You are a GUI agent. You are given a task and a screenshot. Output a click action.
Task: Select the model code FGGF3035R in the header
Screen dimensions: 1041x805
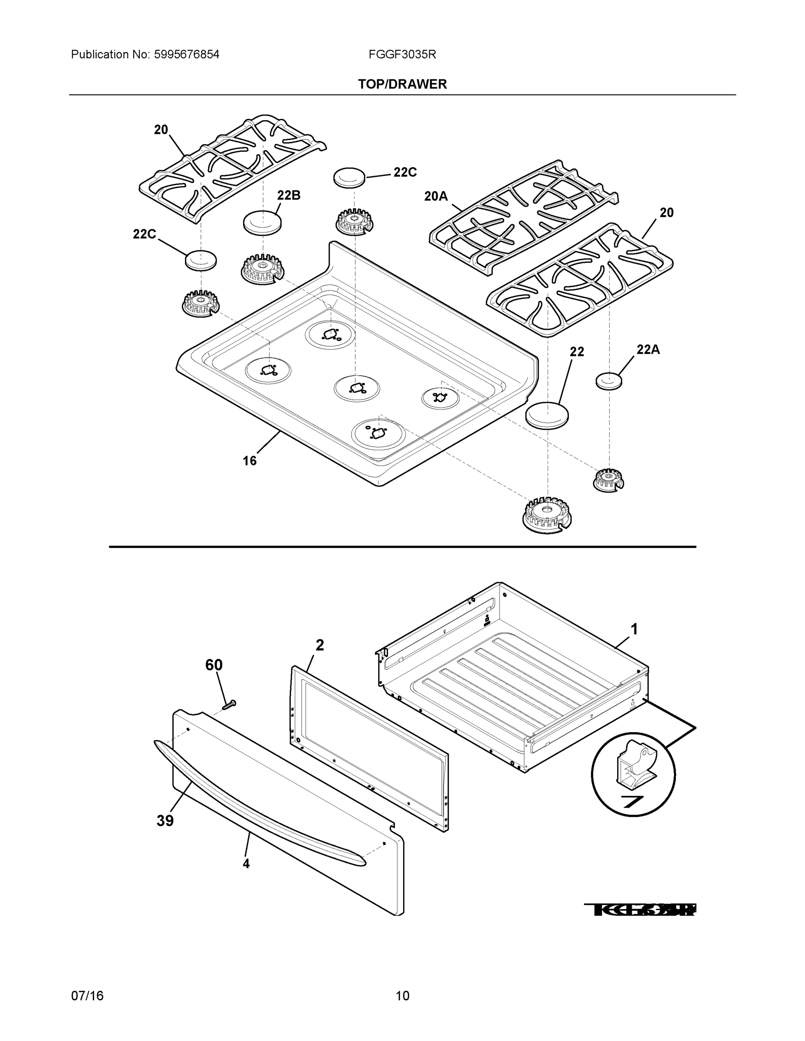point(402,54)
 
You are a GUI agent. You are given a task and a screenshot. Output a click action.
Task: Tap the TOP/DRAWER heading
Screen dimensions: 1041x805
point(402,85)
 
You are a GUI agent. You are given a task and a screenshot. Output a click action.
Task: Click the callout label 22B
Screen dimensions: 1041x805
point(289,196)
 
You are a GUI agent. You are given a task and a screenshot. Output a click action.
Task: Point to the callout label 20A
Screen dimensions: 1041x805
point(436,196)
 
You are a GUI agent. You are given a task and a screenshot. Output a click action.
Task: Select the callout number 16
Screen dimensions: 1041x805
point(250,461)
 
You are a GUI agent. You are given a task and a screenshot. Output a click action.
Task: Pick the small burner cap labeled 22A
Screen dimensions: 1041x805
point(609,381)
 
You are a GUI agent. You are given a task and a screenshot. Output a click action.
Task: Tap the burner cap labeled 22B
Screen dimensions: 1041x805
point(262,222)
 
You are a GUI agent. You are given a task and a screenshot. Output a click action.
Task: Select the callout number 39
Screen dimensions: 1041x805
point(165,821)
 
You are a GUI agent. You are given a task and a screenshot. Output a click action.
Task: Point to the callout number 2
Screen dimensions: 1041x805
point(319,645)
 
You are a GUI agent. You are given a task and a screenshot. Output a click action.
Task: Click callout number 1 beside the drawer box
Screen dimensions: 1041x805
point(634,630)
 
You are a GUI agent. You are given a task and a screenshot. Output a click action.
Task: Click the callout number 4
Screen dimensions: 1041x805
point(246,863)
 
